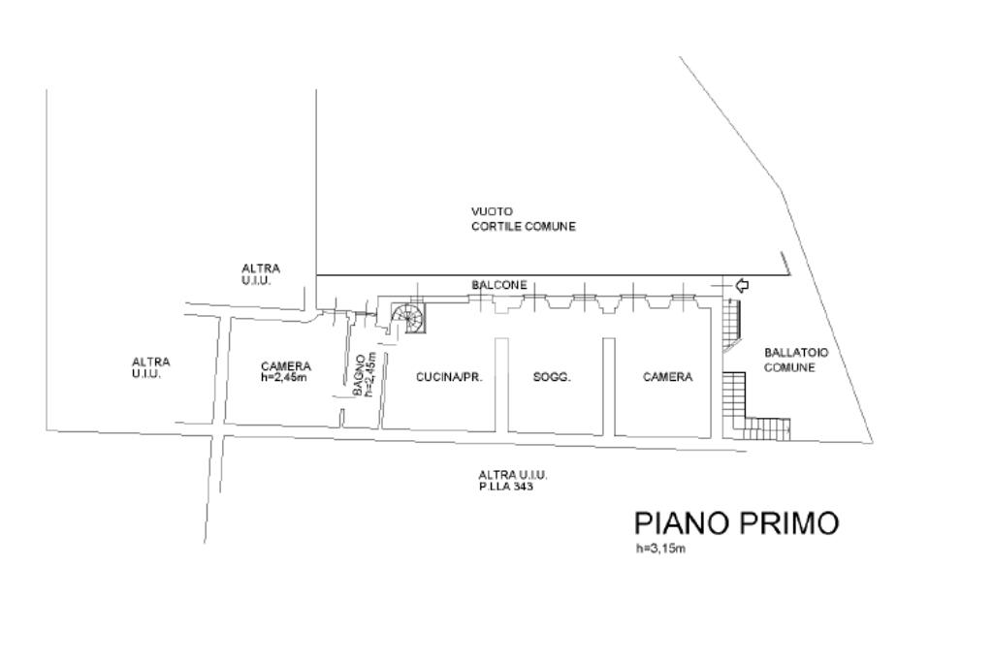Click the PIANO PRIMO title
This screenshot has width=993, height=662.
pyautogui.click(x=736, y=523)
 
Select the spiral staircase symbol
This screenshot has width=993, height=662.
pyautogui.click(x=407, y=317)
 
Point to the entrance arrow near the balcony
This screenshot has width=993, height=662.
pyautogui.click(x=743, y=285)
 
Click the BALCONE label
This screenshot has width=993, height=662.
pyautogui.click(x=499, y=286)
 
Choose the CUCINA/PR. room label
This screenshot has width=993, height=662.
pyautogui.click(x=449, y=377)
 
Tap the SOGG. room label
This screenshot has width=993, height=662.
pyautogui.click(x=552, y=377)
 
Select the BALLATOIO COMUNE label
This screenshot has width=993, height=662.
pyautogui.click(x=789, y=361)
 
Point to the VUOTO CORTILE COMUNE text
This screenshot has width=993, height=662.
pyautogui.click(x=523, y=219)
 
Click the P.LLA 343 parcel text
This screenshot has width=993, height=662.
pyautogui.click(x=506, y=487)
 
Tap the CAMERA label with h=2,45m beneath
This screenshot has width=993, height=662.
pyautogui.click(x=286, y=366)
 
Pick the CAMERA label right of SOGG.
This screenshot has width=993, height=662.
pyautogui.click(x=668, y=377)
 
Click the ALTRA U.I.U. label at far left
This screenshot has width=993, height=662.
pyautogui.click(x=150, y=367)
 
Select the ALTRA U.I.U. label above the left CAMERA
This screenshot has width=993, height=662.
pyautogui.click(x=261, y=273)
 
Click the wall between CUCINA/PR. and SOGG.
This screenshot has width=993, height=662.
pyautogui.click(x=501, y=385)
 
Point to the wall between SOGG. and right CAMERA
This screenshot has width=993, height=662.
pyautogui.click(x=608, y=386)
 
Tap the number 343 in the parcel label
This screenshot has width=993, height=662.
pyautogui.click(x=524, y=487)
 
